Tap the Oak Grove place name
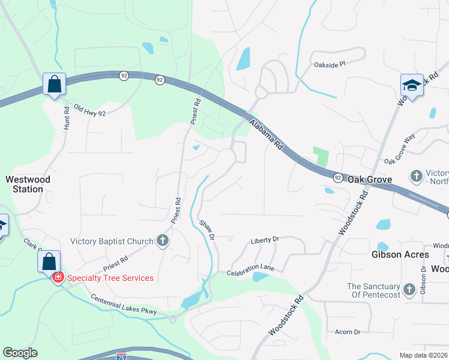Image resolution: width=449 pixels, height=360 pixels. click(370, 179)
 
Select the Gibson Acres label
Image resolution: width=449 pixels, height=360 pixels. click(400, 254)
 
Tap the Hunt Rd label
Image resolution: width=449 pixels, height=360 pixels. click(67, 119)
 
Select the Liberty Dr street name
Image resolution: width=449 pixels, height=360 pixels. click(265, 239)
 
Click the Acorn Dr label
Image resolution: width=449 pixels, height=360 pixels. click(348, 331)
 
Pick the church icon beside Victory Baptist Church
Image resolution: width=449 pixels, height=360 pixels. click(162, 241)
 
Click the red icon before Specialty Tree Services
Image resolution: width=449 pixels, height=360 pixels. click(58, 278)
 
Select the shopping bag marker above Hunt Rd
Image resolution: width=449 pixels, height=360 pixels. click(54, 85)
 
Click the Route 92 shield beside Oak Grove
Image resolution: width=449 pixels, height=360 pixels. click(338, 178)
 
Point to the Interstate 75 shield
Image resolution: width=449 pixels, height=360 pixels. click(122, 356)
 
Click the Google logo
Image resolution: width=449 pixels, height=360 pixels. click(20, 353)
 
